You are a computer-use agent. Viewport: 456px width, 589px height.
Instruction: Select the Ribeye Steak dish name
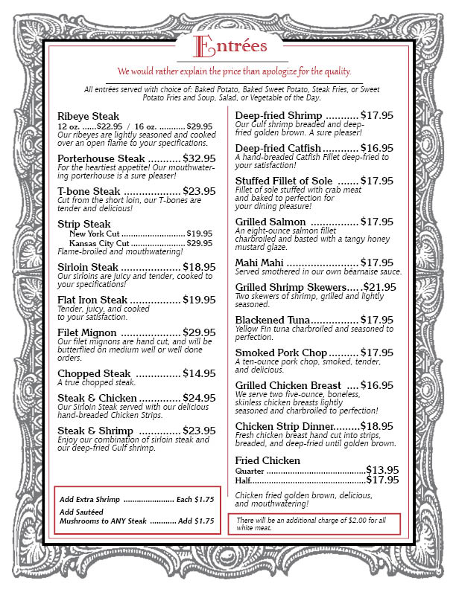pyautogui.click(x=88, y=116)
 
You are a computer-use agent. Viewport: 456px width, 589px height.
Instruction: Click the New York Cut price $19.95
pyautogui.click(x=200, y=233)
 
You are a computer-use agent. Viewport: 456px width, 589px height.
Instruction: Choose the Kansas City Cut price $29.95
pyautogui.click(x=200, y=242)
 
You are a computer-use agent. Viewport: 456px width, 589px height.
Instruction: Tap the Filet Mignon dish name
pyautogui.click(x=88, y=332)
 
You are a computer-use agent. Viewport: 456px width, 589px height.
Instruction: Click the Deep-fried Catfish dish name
pyautogui.click(x=278, y=148)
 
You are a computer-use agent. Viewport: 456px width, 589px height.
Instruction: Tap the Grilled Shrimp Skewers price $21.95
pyautogui.click(x=379, y=287)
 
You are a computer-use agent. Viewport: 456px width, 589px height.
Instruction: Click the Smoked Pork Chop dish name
pyautogui.click(x=281, y=353)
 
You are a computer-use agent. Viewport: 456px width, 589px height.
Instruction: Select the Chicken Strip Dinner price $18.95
pyautogui.click(x=377, y=426)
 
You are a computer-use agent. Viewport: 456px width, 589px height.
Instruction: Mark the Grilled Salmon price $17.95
pyautogui.click(x=377, y=222)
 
